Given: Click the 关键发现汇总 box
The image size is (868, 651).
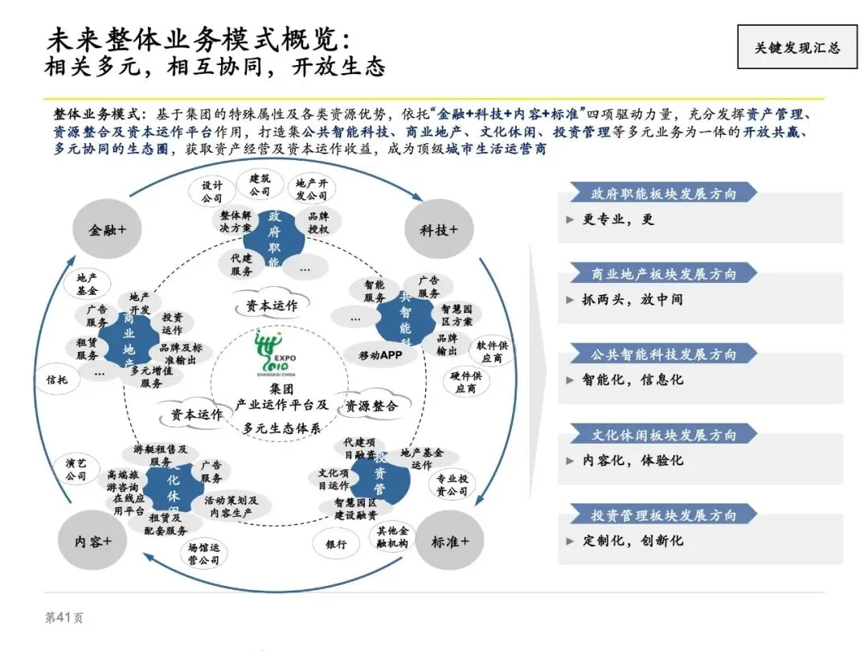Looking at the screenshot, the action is [x=796, y=47].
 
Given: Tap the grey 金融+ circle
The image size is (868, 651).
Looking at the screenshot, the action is [x=107, y=229].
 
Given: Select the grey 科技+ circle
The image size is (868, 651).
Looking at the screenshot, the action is [x=438, y=229].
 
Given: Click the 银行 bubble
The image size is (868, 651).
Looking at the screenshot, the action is [x=337, y=544].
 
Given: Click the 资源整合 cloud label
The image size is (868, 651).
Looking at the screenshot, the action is [x=371, y=406].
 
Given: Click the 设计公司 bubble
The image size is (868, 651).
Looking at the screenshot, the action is [x=212, y=191].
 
